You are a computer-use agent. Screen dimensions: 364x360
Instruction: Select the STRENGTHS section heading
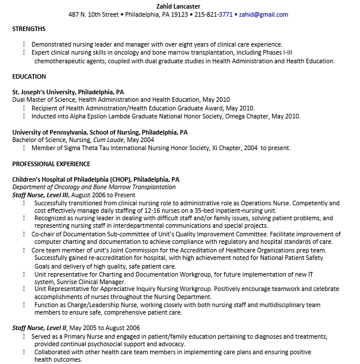[29, 29]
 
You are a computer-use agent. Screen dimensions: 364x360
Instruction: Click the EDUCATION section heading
[29, 76]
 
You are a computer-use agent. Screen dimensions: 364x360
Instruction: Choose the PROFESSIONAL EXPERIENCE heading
[51, 164]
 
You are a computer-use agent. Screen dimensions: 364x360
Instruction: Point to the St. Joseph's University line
[68, 91]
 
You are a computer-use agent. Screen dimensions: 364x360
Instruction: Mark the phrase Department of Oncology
[45, 187]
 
